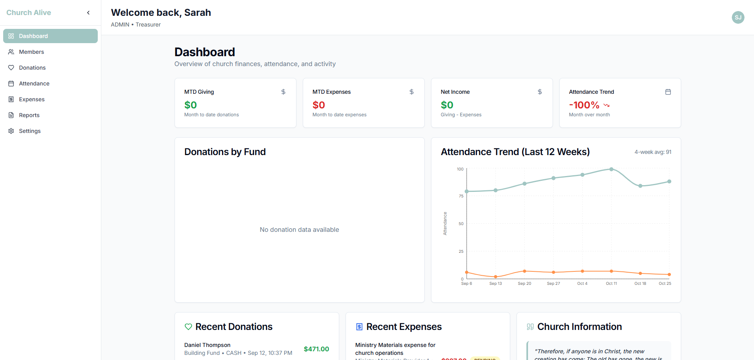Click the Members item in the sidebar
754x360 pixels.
pos(31,52)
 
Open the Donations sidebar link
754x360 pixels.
pos(32,68)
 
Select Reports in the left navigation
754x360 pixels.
pos(29,115)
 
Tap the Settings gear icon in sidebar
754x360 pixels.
pos(11,131)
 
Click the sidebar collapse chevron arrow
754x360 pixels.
pos(88,13)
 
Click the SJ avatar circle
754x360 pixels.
pos(738,17)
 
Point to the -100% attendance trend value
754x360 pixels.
pos(584,105)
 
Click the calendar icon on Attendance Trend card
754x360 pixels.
pos(668,92)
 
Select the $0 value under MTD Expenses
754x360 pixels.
pos(319,105)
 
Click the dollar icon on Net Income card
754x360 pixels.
pos(539,92)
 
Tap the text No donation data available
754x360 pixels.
pos(299,229)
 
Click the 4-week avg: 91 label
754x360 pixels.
pos(653,152)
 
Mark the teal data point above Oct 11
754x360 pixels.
pos(611,169)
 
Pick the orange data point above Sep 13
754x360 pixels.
pos(496,277)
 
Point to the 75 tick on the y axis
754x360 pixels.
pos(461,196)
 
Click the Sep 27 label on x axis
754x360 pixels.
pos(553,283)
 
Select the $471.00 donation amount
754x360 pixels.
pos(316,349)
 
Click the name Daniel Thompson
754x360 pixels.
pos(207,345)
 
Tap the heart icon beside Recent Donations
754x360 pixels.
pos(188,327)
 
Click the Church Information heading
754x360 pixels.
pos(579,327)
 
